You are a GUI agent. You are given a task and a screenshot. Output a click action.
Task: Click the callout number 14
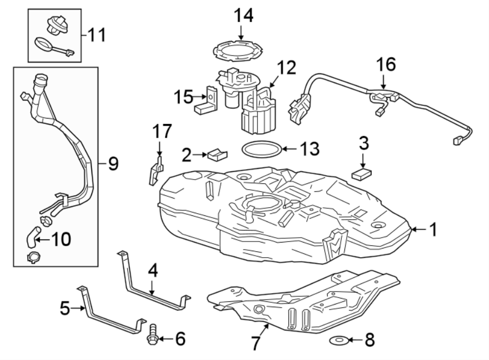(x=244, y=16)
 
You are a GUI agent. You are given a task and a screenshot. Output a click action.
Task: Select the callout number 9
(x=113, y=164)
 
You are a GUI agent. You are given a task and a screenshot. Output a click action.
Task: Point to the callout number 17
(x=162, y=132)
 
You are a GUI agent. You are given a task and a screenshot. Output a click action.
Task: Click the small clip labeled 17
(x=154, y=170)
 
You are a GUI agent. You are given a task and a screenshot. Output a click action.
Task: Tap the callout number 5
(x=65, y=309)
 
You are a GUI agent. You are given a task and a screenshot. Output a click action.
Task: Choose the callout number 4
(x=153, y=270)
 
